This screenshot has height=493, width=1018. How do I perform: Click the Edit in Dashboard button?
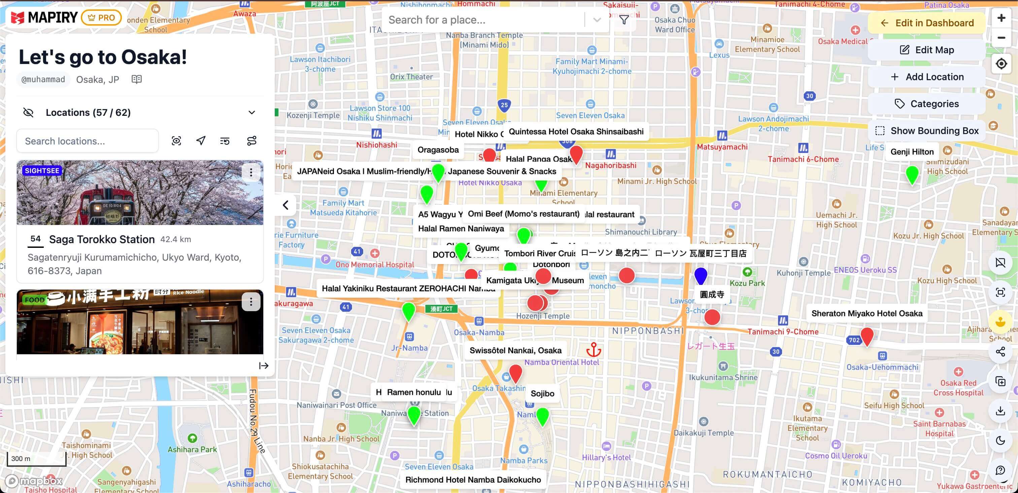[926, 23]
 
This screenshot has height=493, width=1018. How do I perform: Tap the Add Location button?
[926, 77]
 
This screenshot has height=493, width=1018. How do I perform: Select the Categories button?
[926, 104]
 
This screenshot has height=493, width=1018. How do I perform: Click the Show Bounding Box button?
[926, 130]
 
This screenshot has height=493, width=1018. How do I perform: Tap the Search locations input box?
[87, 141]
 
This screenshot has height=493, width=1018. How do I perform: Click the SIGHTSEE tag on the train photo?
[42, 170]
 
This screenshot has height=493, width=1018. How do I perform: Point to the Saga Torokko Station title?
[102, 239]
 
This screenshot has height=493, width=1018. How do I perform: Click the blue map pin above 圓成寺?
[700, 275]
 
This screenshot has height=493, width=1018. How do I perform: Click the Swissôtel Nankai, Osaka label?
[515, 350]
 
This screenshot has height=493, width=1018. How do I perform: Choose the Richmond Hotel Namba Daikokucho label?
[473, 480]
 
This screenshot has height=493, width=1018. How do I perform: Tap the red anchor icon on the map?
[593, 350]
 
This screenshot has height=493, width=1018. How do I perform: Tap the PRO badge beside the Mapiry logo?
[101, 18]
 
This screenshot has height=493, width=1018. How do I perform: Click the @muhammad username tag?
[43, 79]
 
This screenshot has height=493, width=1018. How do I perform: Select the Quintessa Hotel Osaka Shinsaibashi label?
[575, 132]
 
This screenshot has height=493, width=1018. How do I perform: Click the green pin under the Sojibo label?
[542, 415]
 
